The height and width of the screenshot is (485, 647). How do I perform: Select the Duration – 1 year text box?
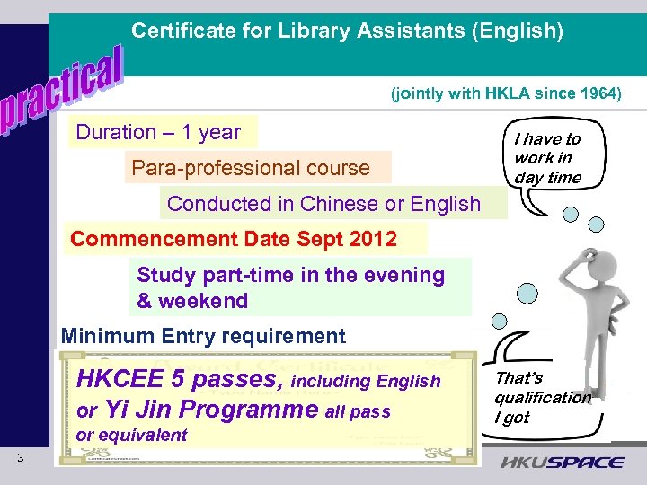pos(160,133)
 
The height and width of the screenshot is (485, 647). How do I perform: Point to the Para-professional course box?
pos(252,168)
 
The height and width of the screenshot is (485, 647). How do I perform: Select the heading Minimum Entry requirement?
pos(203,337)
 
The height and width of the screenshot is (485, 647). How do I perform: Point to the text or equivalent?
pos(132,436)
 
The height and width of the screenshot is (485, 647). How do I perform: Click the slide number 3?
pos(20,460)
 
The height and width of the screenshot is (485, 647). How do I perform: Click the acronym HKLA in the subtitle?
pos(507,93)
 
